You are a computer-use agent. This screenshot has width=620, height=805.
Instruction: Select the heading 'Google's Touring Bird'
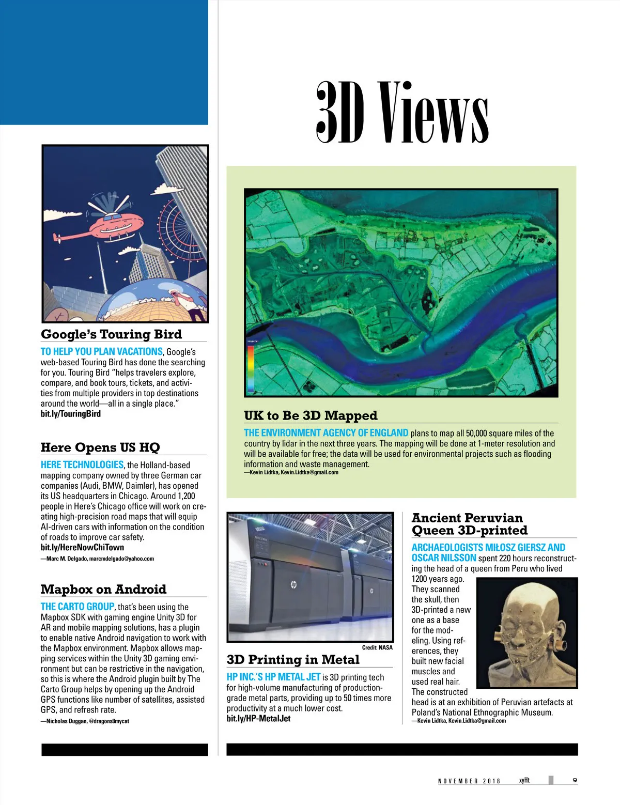[111, 334]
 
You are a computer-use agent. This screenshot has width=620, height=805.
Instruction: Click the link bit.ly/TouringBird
[71, 414]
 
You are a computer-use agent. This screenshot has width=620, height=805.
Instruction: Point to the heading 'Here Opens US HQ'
[100, 447]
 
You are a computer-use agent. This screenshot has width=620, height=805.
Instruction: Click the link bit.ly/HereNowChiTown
[82, 547]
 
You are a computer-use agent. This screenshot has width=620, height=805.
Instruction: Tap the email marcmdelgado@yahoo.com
[121, 559]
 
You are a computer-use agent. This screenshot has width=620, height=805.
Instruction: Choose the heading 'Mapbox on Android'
[103, 590]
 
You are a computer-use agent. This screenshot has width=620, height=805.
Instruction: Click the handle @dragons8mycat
[109, 721]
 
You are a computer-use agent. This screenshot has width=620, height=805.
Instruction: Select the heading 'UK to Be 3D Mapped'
[311, 416]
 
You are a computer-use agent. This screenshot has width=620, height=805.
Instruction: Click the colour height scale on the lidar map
[251, 368]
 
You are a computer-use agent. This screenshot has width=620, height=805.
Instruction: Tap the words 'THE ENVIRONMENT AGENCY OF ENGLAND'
[326, 433]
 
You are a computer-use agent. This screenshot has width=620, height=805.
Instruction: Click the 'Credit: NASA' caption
[377, 647]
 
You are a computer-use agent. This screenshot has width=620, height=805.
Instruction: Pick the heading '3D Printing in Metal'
[292, 660]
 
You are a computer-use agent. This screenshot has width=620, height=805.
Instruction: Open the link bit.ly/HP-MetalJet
[258, 719]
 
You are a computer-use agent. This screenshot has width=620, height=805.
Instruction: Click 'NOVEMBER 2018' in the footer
[469, 781]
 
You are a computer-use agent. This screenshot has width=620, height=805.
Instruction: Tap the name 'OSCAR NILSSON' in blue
[444, 558]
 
